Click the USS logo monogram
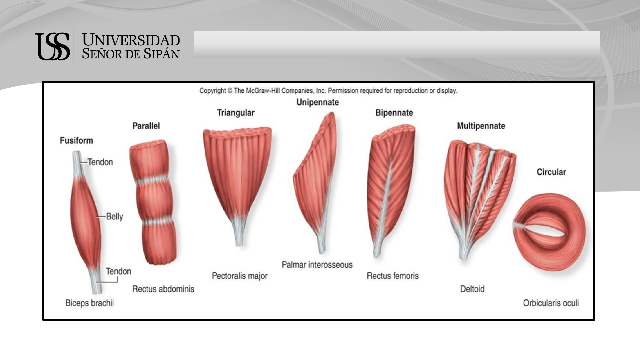[x=52, y=46]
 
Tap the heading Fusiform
[x=76, y=141]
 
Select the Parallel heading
[x=146, y=126]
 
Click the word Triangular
[x=236, y=113]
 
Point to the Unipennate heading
[x=318, y=102]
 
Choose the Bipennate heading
[x=394, y=113]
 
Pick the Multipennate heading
[x=481, y=126]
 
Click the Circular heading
[x=551, y=172]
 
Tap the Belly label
[x=115, y=217]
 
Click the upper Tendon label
[x=100, y=162]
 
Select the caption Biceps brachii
[x=90, y=303]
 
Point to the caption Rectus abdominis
[x=163, y=289]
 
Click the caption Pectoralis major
[x=240, y=276]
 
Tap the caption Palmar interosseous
[x=317, y=265]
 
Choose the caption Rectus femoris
[x=393, y=276]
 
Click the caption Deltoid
[x=472, y=289]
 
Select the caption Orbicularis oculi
[x=551, y=303]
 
